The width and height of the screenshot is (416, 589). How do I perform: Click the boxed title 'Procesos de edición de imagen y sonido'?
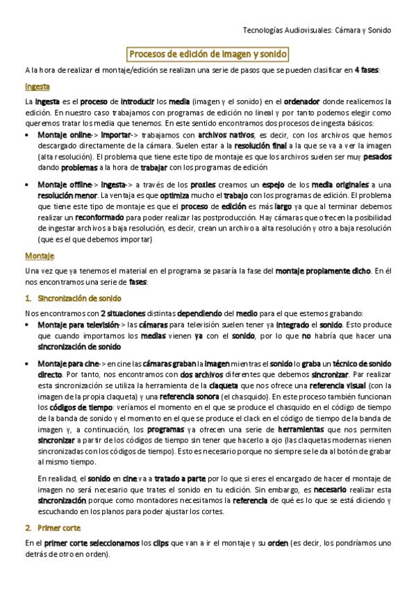point(208,53)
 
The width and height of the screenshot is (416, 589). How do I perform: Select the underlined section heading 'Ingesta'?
point(37,87)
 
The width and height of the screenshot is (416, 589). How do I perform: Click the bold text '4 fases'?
point(366,70)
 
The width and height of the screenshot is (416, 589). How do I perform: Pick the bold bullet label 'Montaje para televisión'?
point(78,324)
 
